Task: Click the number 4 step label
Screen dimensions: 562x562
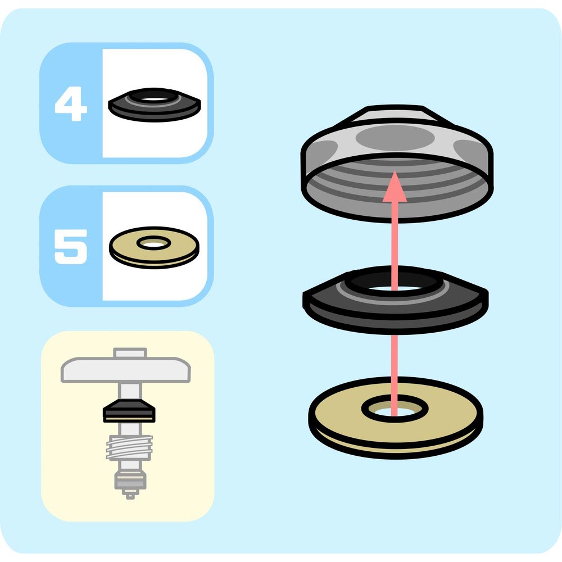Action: pyautogui.click(x=71, y=103)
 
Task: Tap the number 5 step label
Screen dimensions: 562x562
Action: pyautogui.click(x=71, y=247)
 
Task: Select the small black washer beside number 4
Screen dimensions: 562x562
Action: pyautogui.click(x=155, y=105)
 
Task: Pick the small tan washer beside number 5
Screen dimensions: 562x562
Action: pyautogui.click(x=154, y=247)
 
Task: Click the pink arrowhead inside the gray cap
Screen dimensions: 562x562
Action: pyautogui.click(x=395, y=187)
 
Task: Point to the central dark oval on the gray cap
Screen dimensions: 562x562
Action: pyautogui.click(x=395, y=138)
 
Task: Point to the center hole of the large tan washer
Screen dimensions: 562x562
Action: pyautogui.click(x=395, y=411)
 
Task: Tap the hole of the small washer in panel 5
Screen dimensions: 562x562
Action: pyautogui.click(x=154, y=244)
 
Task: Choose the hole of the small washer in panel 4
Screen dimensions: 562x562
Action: pyautogui.click(x=154, y=98)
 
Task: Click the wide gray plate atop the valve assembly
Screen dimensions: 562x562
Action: pyautogui.click(x=125, y=370)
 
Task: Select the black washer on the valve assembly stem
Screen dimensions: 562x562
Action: pyautogui.click(x=129, y=411)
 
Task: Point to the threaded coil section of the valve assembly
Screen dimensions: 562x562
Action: pyautogui.click(x=129, y=448)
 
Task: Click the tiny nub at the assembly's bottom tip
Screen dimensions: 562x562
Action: pyautogui.click(x=130, y=496)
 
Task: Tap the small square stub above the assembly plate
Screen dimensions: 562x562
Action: pyautogui.click(x=130, y=353)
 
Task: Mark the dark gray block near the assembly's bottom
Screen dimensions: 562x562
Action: pyautogui.click(x=130, y=481)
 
